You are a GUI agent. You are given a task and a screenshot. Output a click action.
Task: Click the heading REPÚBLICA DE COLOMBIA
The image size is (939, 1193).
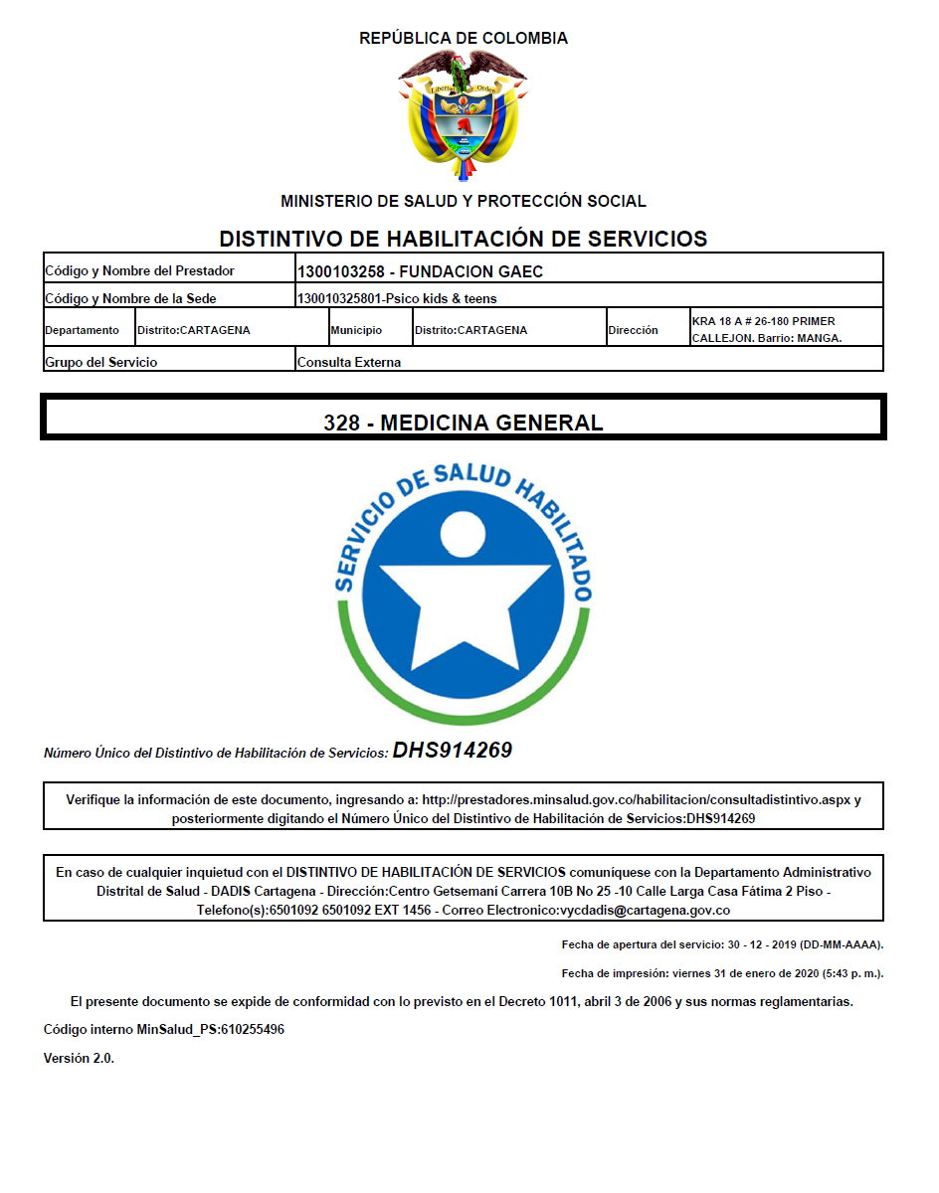464,39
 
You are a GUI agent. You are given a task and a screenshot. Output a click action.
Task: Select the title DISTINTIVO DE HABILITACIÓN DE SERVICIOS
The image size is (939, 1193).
463,239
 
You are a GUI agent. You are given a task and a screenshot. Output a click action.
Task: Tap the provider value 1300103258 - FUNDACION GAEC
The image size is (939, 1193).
420,271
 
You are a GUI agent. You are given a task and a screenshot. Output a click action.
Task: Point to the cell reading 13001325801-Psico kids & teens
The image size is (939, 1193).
397,298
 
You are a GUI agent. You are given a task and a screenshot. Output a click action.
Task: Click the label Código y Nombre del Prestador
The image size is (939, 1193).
139,270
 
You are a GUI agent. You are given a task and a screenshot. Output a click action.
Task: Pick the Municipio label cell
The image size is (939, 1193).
356,330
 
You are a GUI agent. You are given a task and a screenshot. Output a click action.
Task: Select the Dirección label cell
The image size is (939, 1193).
634,330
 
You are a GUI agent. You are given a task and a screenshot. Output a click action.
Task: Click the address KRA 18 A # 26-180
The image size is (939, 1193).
763,321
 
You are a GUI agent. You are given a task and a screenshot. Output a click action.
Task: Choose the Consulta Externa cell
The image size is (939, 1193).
349,362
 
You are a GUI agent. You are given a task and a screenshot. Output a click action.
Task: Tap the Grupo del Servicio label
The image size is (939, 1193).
101,362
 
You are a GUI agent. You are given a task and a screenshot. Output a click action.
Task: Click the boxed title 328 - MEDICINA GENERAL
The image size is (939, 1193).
463,423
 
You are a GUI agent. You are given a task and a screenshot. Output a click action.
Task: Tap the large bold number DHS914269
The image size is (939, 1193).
453,751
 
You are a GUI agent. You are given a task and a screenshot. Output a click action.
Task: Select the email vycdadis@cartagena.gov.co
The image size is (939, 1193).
646,910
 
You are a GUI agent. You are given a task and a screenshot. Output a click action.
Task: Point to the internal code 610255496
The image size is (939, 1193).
253,1029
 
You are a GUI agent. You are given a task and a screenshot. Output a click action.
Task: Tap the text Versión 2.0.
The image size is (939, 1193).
79,1058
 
